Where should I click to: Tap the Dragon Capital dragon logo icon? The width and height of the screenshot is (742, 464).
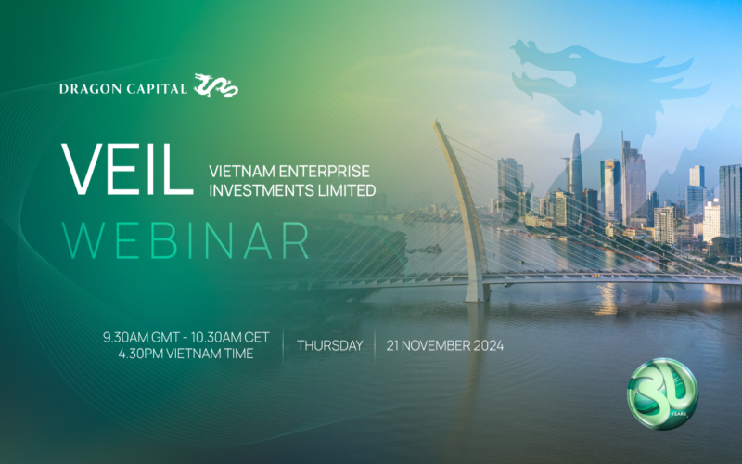point(216,86)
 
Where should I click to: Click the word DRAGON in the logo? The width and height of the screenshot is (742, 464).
point(90,89)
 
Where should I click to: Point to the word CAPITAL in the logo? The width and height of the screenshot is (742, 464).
point(157,89)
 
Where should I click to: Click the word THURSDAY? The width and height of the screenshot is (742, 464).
point(329,345)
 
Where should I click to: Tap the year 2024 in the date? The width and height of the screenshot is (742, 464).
point(483,345)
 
